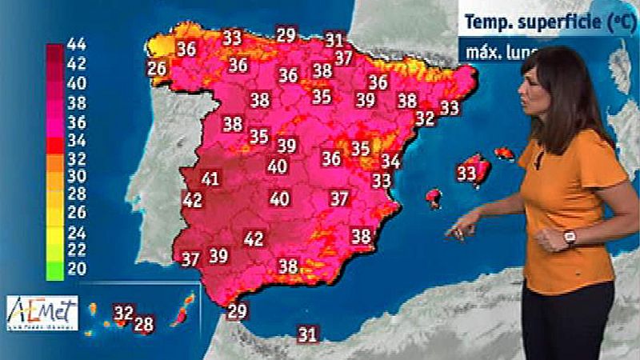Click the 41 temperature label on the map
coord(210,178)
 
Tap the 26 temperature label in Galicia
coord(157,69)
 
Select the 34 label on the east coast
coord(390,162)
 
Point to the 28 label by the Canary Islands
coord(143,324)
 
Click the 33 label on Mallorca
coord(466,173)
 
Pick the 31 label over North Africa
coord(307,334)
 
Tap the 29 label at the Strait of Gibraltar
coord(237,312)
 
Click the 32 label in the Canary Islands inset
coord(123,313)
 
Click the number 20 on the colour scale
coord(77,270)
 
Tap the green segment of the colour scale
coord(55,270)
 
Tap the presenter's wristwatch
coord(570,237)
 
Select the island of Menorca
coord(504,152)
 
